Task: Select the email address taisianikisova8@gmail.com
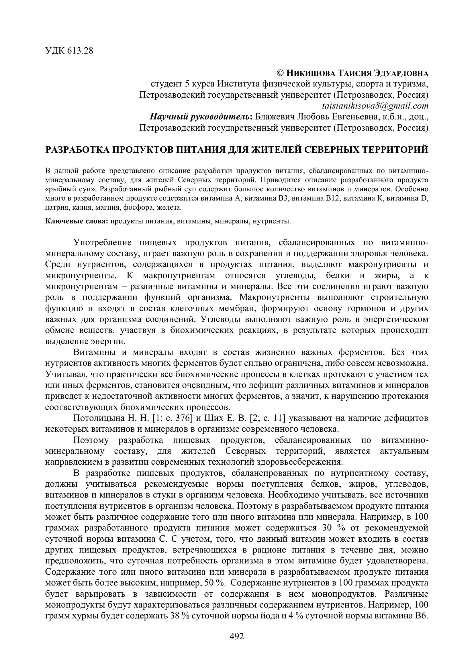375,106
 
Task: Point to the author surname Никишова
310,73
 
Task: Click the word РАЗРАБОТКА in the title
77,150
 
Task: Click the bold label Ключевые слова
77,221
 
